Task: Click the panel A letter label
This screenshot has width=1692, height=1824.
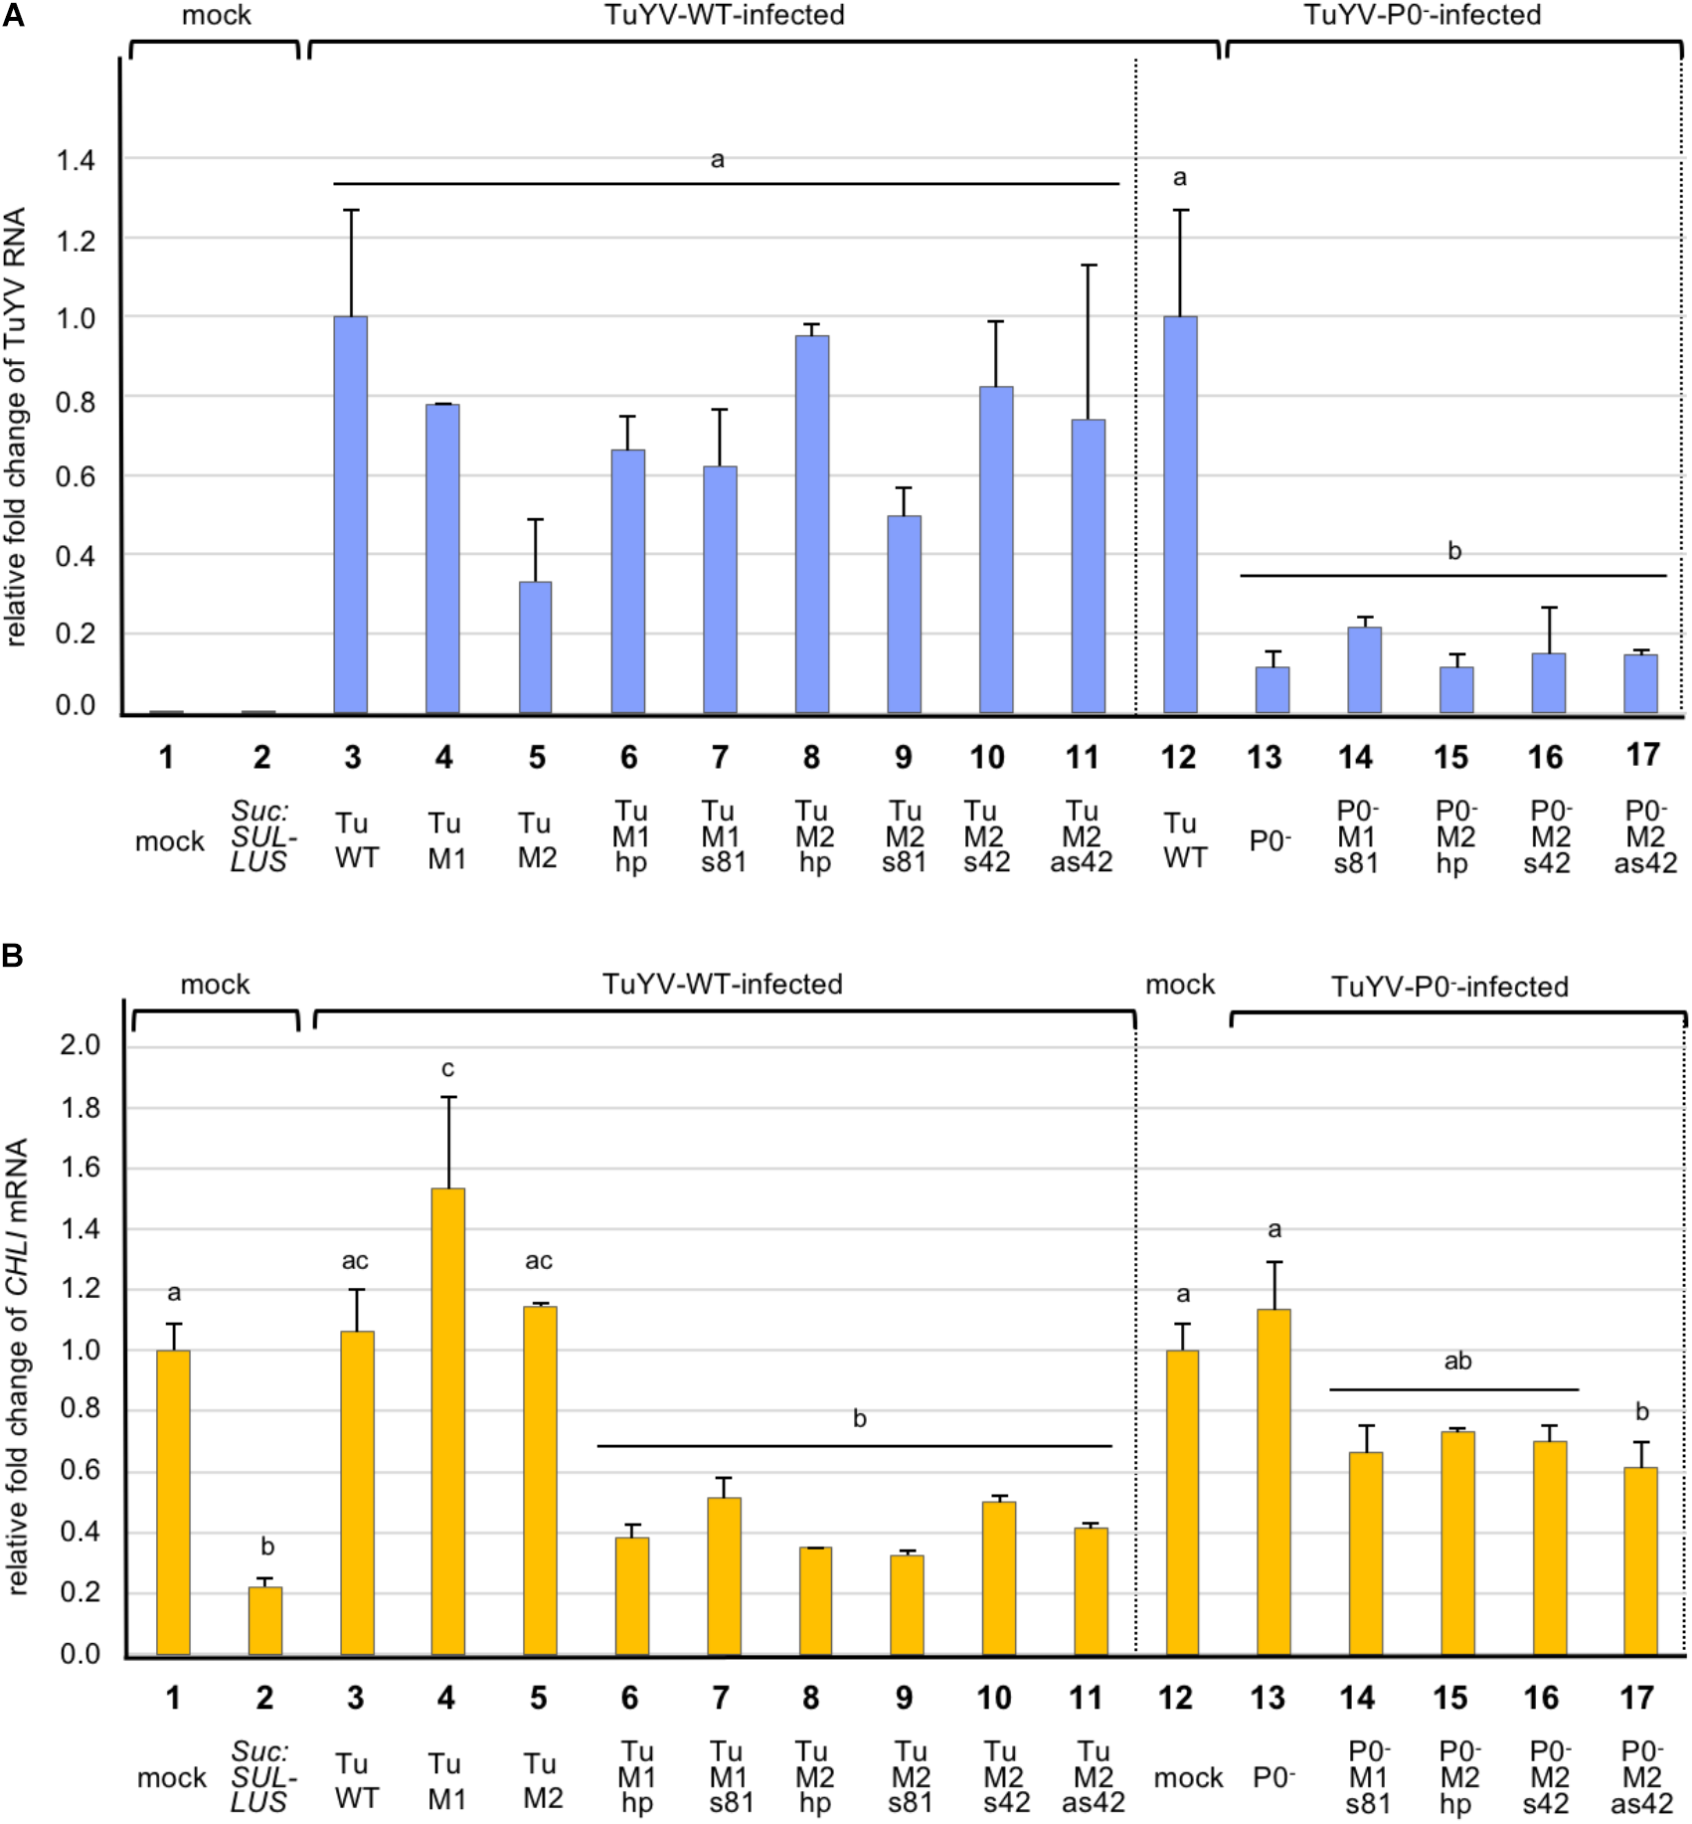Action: pos(13,17)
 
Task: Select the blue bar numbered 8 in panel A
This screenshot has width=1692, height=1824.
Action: pos(812,524)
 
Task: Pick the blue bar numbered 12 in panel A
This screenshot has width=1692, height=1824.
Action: pos(1180,514)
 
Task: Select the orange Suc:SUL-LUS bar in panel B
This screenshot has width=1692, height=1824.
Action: pos(265,1620)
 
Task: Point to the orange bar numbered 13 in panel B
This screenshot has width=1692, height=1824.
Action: pos(1273,1481)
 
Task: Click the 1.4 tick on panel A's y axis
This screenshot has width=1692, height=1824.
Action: pos(76,160)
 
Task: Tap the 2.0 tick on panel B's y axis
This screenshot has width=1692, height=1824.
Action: pos(80,1044)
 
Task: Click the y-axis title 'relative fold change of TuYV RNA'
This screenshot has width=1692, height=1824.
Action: pos(16,428)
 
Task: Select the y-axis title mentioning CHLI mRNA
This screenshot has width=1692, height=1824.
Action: pos(18,1367)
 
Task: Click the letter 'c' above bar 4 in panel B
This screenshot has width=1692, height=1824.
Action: pos(447,1069)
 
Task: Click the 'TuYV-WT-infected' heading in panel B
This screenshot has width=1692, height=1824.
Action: pos(722,985)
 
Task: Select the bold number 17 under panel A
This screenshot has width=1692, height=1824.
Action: pos(1642,755)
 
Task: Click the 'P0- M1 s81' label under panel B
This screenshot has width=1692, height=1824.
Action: pos(1368,1776)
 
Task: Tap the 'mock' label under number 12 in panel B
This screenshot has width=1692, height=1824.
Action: pos(1188,1777)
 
